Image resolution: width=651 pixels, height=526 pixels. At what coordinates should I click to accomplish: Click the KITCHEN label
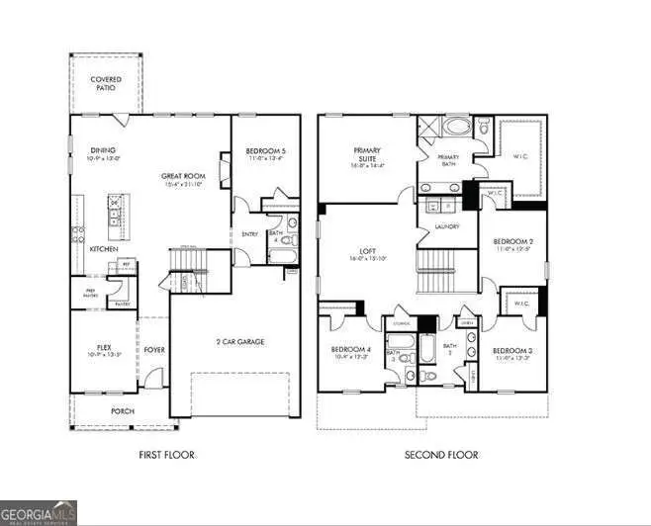104,249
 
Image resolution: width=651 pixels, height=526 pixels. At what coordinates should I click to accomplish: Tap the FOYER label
154,349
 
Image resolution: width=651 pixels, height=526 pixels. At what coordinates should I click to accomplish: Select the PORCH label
123,410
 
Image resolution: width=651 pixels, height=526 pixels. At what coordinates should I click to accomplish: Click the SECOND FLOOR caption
440,455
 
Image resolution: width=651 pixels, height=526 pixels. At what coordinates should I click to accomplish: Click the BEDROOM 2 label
513,241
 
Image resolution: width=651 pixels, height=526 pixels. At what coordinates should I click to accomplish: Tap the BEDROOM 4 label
350,351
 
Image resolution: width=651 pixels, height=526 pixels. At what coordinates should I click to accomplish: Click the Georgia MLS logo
39,513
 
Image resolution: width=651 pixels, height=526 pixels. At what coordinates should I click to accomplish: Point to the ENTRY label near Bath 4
249,234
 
